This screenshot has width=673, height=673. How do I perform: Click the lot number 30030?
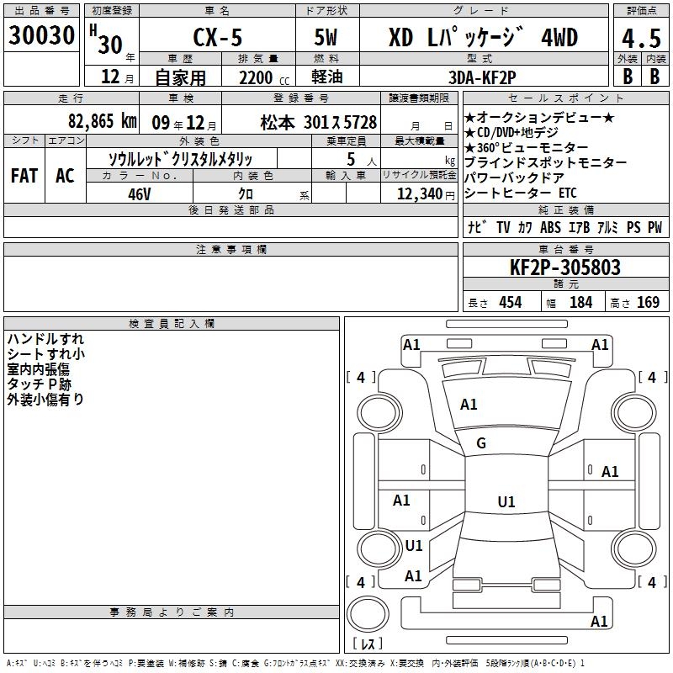click(41, 34)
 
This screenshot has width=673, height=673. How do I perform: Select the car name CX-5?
click(218, 37)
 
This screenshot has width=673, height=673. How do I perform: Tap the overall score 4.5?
click(641, 38)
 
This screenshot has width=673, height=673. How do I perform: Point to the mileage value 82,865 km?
click(102, 121)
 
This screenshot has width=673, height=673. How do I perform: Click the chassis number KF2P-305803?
click(564, 268)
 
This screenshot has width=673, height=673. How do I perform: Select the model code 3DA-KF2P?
click(482, 77)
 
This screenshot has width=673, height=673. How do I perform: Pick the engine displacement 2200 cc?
click(264, 77)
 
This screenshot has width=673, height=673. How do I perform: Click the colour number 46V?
click(140, 194)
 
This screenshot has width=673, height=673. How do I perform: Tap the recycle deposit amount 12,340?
click(419, 194)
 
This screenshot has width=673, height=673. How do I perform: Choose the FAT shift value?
click(24, 176)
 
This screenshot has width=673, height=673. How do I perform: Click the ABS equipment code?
click(550, 227)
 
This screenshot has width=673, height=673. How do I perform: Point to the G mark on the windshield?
click(481, 443)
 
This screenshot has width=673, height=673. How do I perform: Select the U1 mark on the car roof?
click(506, 501)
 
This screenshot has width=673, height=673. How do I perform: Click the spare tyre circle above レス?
click(368, 614)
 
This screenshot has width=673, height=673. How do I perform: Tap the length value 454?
click(511, 303)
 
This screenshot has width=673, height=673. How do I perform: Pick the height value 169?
click(648, 302)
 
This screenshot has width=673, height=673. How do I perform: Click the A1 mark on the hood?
click(469, 405)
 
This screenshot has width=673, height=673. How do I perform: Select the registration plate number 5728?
click(359, 122)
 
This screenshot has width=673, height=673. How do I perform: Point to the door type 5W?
click(326, 37)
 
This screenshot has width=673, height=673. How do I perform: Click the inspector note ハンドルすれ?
click(45, 339)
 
